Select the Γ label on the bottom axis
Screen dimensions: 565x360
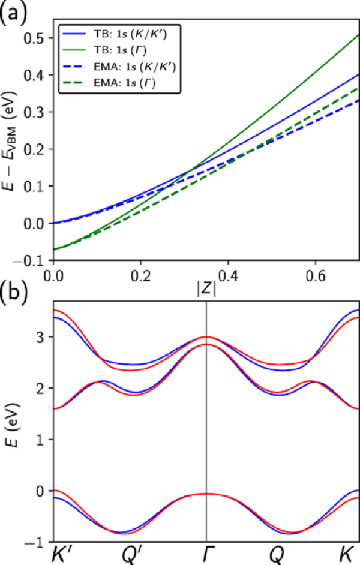click(x=207, y=555)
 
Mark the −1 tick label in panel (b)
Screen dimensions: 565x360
click(x=38, y=542)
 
